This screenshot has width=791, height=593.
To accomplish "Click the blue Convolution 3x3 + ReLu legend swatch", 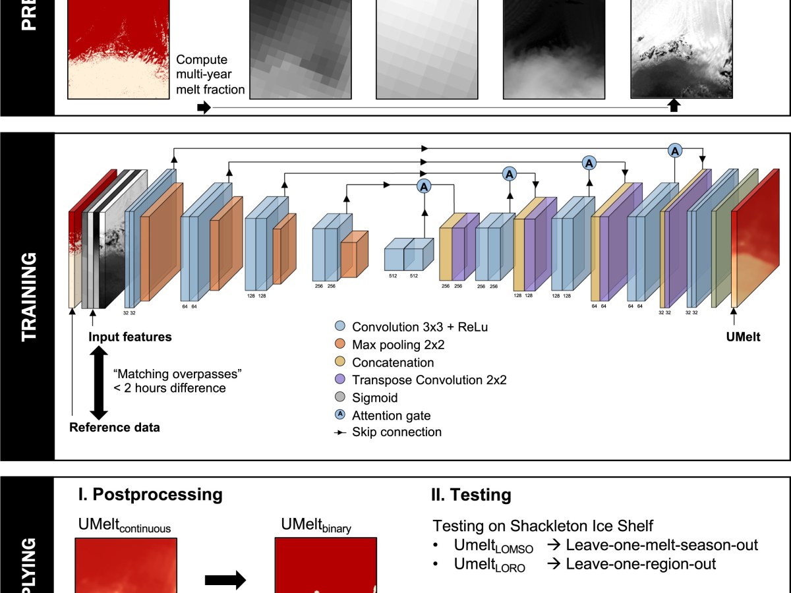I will pyautogui.click(x=340, y=327).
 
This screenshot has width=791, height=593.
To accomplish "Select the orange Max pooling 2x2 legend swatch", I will pyautogui.click(x=340, y=345).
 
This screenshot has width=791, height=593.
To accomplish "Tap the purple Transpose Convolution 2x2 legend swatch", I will pyautogui.click(x=340, y=380).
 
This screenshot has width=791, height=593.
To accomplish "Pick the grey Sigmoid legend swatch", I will pyautogui.click(x=340, y=398).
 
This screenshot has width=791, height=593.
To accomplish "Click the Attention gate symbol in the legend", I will pyautogui.click(x=340, y=415).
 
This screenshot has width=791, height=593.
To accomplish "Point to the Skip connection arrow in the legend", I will pyautogui.click(x=340, y=433).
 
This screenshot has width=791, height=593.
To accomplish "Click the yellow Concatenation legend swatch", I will pyautogui.click(x=340, y=362).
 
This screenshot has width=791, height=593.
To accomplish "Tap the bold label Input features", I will pyautogui.click(x=131, y=337).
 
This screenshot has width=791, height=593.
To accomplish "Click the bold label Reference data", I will pyautogui.click(x=115, y=427).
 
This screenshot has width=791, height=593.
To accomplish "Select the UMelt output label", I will pyautogui.click(x=743, y=337).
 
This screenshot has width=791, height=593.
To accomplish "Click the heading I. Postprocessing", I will pyautogui.click(x=149, y=494).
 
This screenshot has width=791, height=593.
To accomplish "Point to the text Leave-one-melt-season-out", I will pyautogui.click(x=662, y=545).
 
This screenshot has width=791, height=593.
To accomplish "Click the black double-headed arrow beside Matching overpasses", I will pyautogui.click(x=98, y=382).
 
